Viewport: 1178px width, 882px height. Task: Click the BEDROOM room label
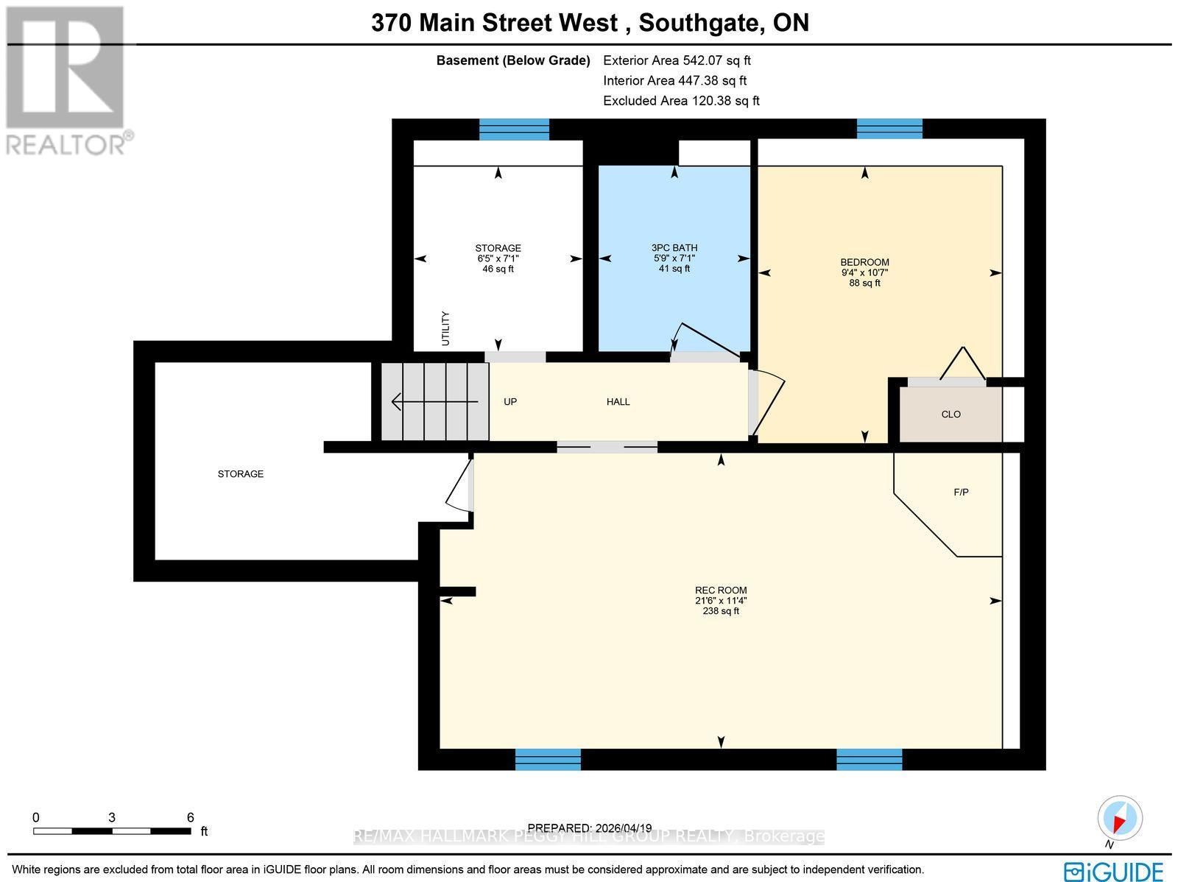tap(864, 263)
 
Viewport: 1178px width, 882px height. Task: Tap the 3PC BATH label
tap(674, 248)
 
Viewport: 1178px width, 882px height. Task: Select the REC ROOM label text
tap(720, 590)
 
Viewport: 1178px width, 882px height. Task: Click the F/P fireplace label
tap(960, 493)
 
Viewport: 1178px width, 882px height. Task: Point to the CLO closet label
tap(950, 414)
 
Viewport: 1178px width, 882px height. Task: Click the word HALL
tap(618, 402)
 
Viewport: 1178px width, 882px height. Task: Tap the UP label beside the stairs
tap(509, 402)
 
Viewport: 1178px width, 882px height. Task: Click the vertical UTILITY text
tap(445, 329)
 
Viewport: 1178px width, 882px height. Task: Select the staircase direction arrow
tap(434, 402)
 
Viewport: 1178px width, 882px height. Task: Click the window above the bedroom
tap(889, 129)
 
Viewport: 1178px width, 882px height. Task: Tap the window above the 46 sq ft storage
tap(514, 129)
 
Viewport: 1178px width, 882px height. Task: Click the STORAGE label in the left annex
tap(240, 474)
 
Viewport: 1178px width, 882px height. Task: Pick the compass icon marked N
tap(1120, 819)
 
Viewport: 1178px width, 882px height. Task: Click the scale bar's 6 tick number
tap(190, 817)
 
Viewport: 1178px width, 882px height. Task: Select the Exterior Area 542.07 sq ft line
tap(676, 61)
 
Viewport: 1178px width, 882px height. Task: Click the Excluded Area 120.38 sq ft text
tap(680, 101)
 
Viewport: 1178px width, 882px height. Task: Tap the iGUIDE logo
tap(1112, 872)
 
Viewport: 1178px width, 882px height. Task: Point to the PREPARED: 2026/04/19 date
tap(590, 828)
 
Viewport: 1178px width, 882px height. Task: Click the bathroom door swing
tap(707, 342)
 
